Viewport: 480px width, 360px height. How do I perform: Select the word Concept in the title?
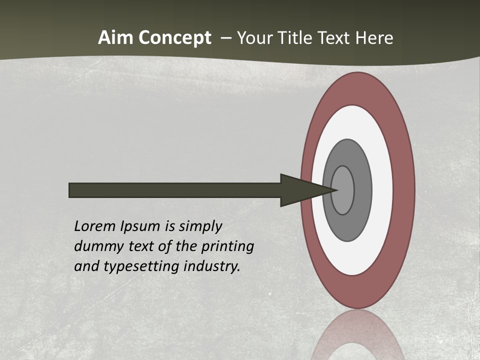coord(174,38)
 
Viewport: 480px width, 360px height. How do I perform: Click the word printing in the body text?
coord(227,247)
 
